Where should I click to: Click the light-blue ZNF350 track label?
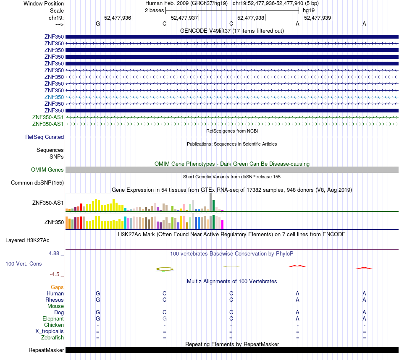(54, 97)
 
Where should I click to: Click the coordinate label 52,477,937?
(184, 18)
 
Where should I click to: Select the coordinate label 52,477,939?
(318, 18)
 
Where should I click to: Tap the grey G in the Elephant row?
(164, 318)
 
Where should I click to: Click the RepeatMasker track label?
(46, 350)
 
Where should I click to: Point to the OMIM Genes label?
(47, 170)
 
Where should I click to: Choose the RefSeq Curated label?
(45, 137)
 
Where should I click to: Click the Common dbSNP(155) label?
(37, 183)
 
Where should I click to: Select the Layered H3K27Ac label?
(27, 240)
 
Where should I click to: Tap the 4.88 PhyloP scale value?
(54, 253)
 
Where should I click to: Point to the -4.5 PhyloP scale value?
(55, 274)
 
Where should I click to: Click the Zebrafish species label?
(52, 337)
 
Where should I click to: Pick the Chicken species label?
(54, 325)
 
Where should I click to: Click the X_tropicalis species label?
(50, 331)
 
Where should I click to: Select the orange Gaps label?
(57, 287)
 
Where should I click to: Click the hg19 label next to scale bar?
(309, 10)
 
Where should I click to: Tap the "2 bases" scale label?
(155, 10)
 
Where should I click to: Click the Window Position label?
(44, 3)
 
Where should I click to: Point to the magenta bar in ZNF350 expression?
(223, 224)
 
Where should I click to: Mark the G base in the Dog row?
(98, 312)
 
